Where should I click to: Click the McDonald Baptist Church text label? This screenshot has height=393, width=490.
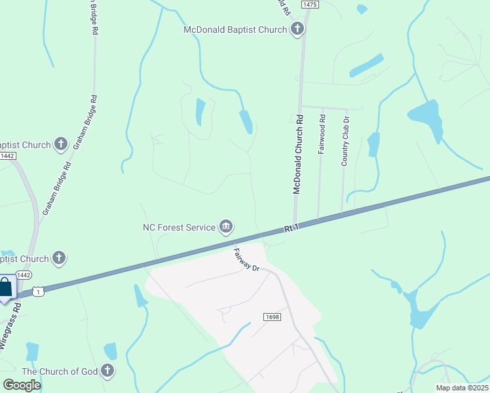235,29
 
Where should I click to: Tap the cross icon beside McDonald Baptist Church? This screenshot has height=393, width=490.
297,29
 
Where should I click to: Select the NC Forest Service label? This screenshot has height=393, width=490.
179,227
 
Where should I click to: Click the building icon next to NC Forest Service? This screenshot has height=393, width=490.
226,227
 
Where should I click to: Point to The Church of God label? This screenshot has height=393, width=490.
60,371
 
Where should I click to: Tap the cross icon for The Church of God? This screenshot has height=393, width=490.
107,371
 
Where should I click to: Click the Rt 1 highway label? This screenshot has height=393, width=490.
291,228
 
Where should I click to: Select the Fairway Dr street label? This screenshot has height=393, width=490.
247,259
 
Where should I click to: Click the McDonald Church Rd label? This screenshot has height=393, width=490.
299,155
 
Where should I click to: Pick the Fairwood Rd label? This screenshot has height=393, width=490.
322,134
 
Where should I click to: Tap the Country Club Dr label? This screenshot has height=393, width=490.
345,141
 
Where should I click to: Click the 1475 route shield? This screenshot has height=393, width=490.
310,5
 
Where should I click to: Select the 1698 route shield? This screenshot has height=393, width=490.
273,317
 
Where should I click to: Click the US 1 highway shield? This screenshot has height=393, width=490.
39,291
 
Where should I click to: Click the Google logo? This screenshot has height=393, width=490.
22,385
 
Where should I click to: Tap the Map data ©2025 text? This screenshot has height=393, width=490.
461,388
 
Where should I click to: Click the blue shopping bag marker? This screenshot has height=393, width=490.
5,288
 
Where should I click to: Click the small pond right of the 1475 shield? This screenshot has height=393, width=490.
362,9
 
